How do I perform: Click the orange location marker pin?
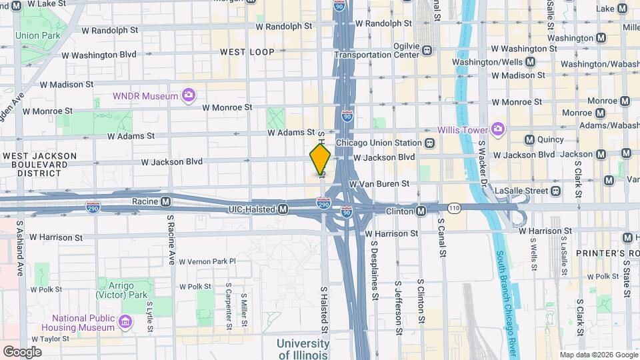tap(320, 160)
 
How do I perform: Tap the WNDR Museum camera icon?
tap(189, 95)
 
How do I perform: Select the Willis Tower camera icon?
tap(497, 129)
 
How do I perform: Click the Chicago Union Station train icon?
tap(430, 143)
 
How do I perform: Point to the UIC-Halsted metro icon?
tap(283, 209)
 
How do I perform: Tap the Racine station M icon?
tap(175, 200)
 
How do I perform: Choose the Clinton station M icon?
tap(421, 211)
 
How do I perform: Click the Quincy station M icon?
tap(530, 140)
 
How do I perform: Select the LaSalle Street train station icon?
tap(556, 191)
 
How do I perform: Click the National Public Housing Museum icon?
tap(125, 323)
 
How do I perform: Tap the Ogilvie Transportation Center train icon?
tap(427, 50)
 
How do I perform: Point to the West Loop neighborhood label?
tap(243, 51)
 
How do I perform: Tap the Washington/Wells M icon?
tap(530, 62)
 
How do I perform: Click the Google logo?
tap(22, 351)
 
